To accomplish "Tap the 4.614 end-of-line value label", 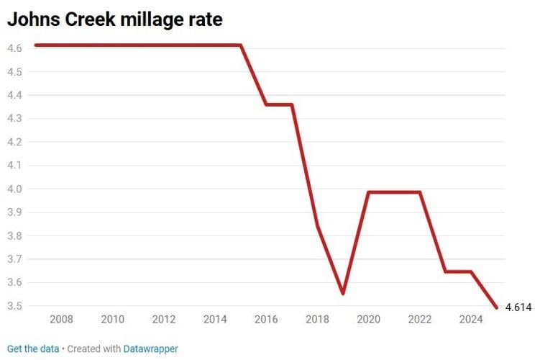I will pos(518,307).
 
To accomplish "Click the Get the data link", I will pos(33,348).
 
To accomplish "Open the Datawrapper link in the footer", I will pos(150,348).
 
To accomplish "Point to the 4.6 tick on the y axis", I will pos(14,48).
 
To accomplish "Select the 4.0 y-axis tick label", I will pos(14,189).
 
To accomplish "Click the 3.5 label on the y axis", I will pos(14,306).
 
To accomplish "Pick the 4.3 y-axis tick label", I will pos(14,118).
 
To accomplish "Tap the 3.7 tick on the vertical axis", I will pos(14,259).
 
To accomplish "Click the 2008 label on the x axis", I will pos(61,319).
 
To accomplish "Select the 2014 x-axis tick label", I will pos(215,319).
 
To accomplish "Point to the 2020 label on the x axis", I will pos(369,319).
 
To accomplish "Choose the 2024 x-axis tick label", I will pos(471,319).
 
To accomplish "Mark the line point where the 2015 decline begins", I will pos(240,45).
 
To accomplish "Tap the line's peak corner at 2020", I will pos(369,192).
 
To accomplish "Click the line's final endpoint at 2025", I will pos(496,307).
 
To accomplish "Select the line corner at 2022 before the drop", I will pos(420,192).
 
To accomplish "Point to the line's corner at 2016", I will pos(266,105).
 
